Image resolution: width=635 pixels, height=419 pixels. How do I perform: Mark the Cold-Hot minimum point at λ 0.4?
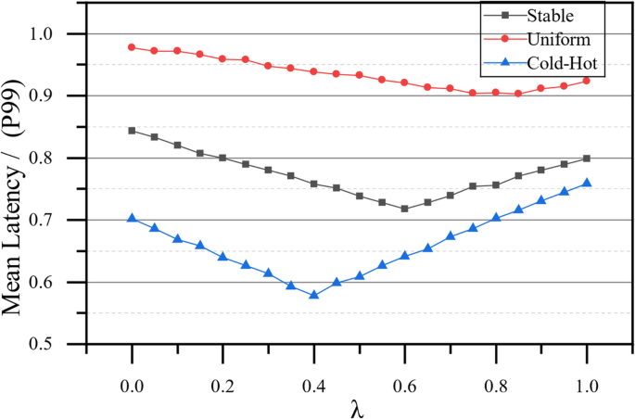[314, 295]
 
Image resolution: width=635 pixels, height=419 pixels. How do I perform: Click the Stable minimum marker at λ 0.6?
[404, 209]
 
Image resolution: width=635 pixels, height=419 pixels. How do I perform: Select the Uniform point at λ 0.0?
[132, 47]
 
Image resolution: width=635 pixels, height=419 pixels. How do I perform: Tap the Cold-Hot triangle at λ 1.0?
[587, 183]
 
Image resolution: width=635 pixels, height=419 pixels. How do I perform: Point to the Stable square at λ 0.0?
[132, 131]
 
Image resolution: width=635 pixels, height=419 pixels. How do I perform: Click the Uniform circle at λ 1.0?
[587, 81]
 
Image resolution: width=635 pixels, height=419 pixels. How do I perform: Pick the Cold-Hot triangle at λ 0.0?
[132, 218]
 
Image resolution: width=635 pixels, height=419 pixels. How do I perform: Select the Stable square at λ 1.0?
[587, 159]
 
